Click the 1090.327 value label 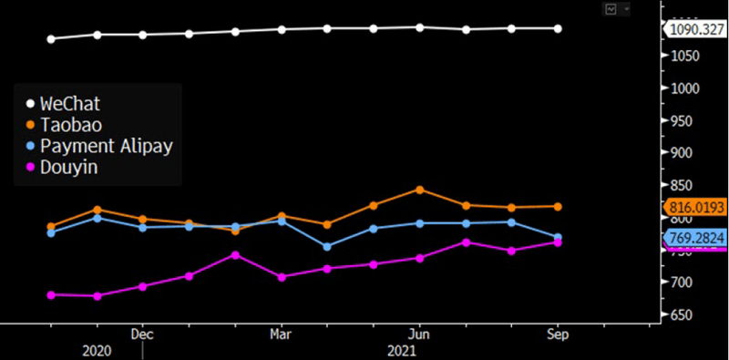(x=696, y=29)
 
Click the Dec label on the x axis (x=141, y=334)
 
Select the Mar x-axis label (x=281, y=334)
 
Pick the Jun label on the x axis (x=418, y=334)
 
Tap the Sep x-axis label (x=557, y=334)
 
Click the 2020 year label (x=97, y=350)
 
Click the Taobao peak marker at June (x=419, y=190)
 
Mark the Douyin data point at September (x=558, y=242)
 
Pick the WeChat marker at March (x=282, y=29)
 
